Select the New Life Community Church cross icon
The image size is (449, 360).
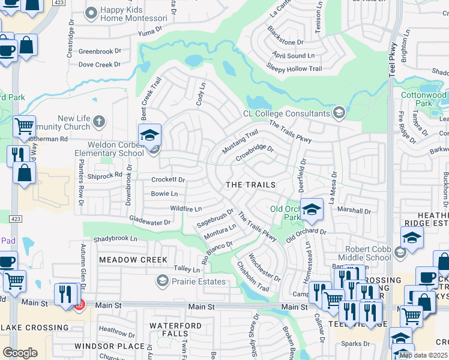(99, 122)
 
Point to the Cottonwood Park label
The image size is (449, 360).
(423, 99)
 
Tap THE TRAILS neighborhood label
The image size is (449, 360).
(250, 185)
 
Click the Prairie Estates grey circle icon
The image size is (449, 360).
(161, 281)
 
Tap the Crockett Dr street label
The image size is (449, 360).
(168, 179)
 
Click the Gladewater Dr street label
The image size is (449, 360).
(150, 222)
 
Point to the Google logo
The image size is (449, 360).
(20, 353)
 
